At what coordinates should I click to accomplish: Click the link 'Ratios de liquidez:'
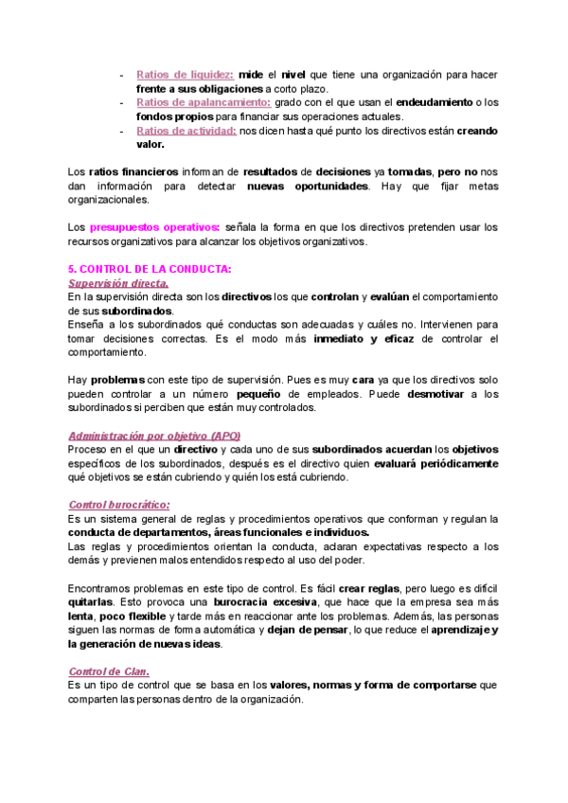(185, 74)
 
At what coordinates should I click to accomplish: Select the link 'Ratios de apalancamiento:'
(204, 102)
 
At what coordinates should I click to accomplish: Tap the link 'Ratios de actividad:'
(186, 131)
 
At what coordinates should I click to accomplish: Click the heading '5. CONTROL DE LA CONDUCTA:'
(151, 270)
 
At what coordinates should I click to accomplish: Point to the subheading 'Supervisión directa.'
(119, 283)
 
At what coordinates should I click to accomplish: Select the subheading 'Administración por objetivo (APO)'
(154, 435)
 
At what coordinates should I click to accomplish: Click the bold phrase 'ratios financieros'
(133, 172)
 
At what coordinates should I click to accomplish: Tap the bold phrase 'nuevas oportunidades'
(307, 187)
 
